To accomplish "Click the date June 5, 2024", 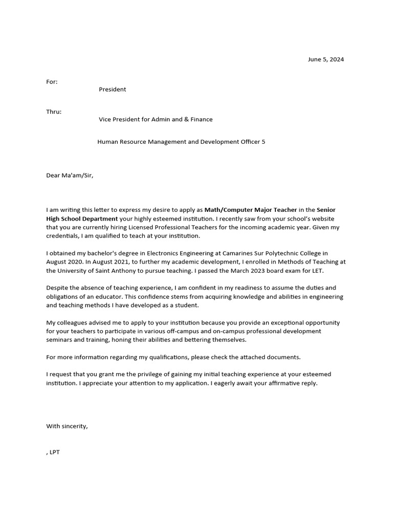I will tap(325, 59).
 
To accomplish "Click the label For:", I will tap(52, 81).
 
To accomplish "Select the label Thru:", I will tap(54, 112).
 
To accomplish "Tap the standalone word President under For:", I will tap(112, 90).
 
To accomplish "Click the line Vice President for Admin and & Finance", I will tap(156, 119).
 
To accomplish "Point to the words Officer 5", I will tap(253, 142).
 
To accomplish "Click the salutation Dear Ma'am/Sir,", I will tap(70, 176).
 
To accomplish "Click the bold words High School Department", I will tap(82, 219).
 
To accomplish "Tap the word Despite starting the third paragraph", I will tap(57, 288).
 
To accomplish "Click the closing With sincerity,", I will tap(67, 426).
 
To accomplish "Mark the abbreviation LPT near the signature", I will tap(55, 452).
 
